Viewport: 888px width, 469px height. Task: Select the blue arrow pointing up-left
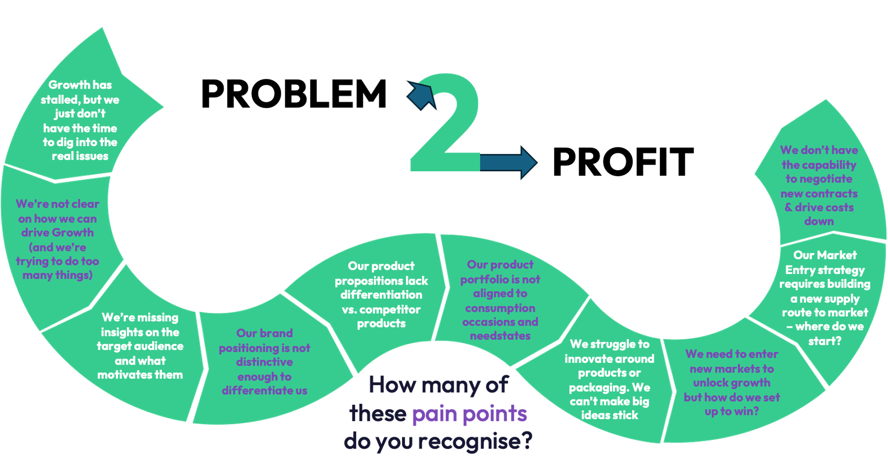pyautogui.click(x=421, y=95)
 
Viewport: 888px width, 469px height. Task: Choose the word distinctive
pyautogui.click(x=264, y=362)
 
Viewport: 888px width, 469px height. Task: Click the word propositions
pyautogui.click(x=363, y=281)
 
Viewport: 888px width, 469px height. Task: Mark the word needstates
pyautogui.click(x=500, y=336)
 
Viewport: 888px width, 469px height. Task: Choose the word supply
pyautogui.click(x=841, y=299)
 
